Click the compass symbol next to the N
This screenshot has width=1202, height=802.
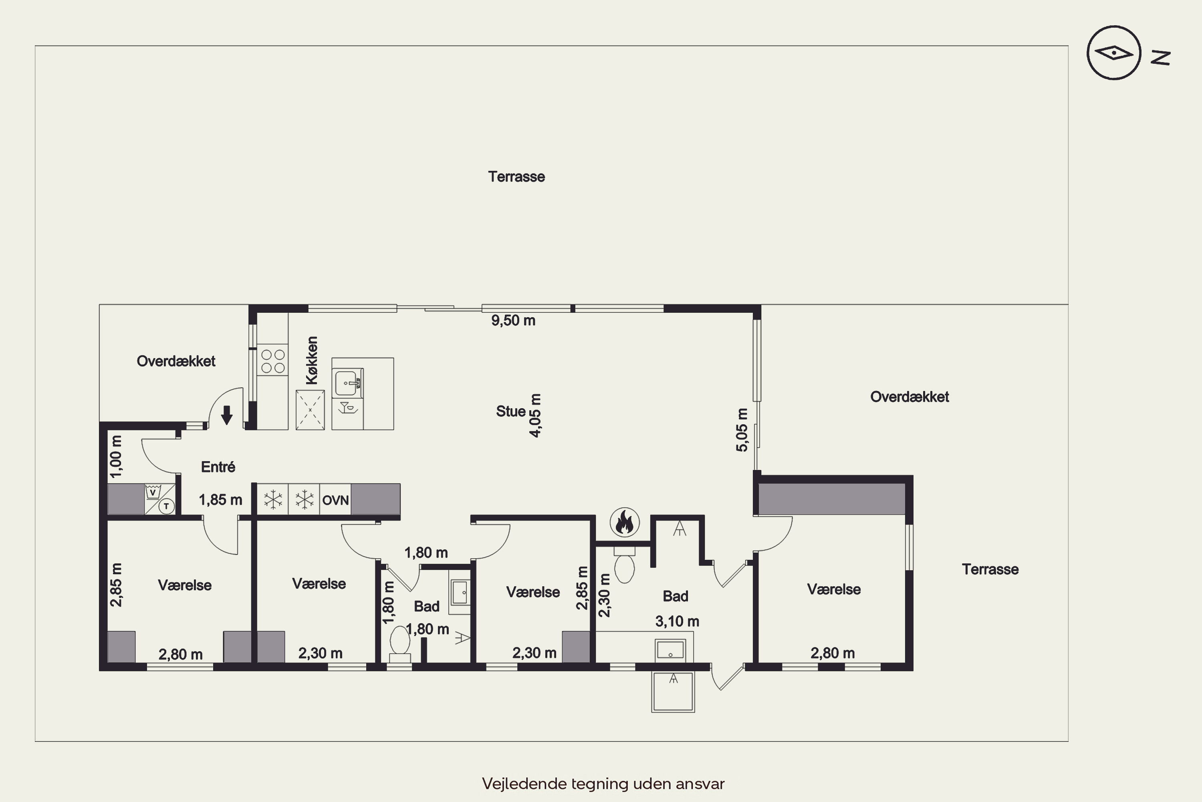1113,53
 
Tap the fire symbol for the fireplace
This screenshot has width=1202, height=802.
625,522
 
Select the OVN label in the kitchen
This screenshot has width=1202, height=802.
335,500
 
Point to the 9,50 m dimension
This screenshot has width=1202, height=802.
513,321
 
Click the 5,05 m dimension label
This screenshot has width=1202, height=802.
742,429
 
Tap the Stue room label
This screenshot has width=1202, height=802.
510,411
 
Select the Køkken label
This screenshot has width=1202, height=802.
312,360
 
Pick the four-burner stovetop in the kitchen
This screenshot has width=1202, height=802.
272,360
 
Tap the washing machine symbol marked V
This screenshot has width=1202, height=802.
152,492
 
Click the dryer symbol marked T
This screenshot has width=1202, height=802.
166,506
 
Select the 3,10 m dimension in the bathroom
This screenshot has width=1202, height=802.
677,622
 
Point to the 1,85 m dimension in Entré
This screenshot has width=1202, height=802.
220,500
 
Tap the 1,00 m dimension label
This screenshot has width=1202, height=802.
117,456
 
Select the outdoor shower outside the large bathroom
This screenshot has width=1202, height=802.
673,691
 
